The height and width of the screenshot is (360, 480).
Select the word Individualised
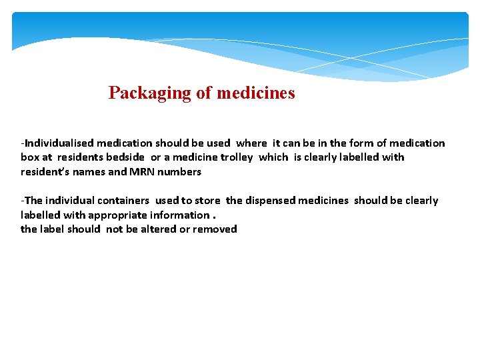coord(58,143)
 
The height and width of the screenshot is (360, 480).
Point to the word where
coord(251,143)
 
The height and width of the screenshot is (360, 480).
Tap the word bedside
coord(125,157)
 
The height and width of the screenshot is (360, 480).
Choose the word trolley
coord(237,157)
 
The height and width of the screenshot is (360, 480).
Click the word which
coord(273,157)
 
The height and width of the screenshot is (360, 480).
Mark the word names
coord(87,171)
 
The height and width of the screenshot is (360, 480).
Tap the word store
coord(207,201)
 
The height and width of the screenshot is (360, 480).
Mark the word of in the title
coord(203,93)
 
